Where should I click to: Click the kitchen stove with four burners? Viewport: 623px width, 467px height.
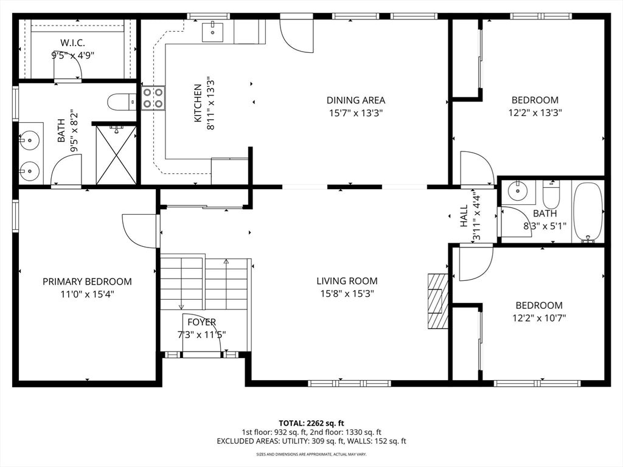point(153,98)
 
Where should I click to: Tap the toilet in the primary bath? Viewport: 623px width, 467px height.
point(121,102)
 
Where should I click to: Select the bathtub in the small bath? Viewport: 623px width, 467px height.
point(588,212)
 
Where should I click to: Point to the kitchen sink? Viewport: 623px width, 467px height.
point(213,30)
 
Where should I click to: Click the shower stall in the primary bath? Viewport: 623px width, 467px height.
point(116,154)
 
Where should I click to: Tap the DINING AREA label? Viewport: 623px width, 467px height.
point(355,100)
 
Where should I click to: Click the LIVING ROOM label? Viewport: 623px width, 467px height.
point(347,281)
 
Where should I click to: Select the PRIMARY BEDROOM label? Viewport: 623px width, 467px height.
point(87,282)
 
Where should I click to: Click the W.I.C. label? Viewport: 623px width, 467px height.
point(72,43)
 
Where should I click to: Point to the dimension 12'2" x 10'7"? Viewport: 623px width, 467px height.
point(539,317)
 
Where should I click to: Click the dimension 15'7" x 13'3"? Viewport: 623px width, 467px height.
point(355,112)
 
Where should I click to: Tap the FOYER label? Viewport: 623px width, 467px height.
point(201,322)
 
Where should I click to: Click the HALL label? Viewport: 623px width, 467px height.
point(464,215)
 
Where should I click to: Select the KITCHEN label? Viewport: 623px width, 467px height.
point(198,103)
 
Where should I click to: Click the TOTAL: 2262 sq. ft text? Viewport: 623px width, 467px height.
point(311,423)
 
